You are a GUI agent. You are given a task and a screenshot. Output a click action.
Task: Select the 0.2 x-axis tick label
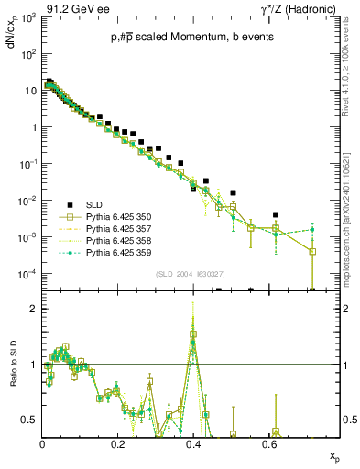pos(117,442)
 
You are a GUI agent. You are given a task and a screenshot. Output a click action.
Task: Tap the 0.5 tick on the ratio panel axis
pos(29,420)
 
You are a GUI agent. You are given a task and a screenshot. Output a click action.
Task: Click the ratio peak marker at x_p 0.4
pos(193,334)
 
